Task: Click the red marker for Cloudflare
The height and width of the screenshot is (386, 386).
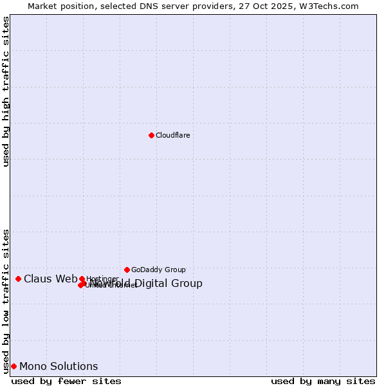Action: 151,135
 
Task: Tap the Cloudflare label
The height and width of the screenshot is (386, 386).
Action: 172,135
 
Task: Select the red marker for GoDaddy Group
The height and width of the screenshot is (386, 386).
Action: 127,270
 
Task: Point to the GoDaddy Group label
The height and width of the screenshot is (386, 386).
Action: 158,270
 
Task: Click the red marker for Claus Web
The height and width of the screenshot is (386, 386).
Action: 18,279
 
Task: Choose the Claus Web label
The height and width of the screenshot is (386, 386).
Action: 50,279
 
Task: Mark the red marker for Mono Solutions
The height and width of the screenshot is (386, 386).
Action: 14,366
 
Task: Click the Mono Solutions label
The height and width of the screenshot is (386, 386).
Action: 59,366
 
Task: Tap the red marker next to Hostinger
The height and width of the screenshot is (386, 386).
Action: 82,279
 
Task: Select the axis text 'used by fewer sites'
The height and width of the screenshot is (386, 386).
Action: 66,381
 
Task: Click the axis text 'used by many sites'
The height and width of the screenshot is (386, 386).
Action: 323,381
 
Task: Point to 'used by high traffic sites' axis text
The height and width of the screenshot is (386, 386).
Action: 6,91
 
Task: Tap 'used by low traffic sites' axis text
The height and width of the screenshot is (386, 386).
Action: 6,300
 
